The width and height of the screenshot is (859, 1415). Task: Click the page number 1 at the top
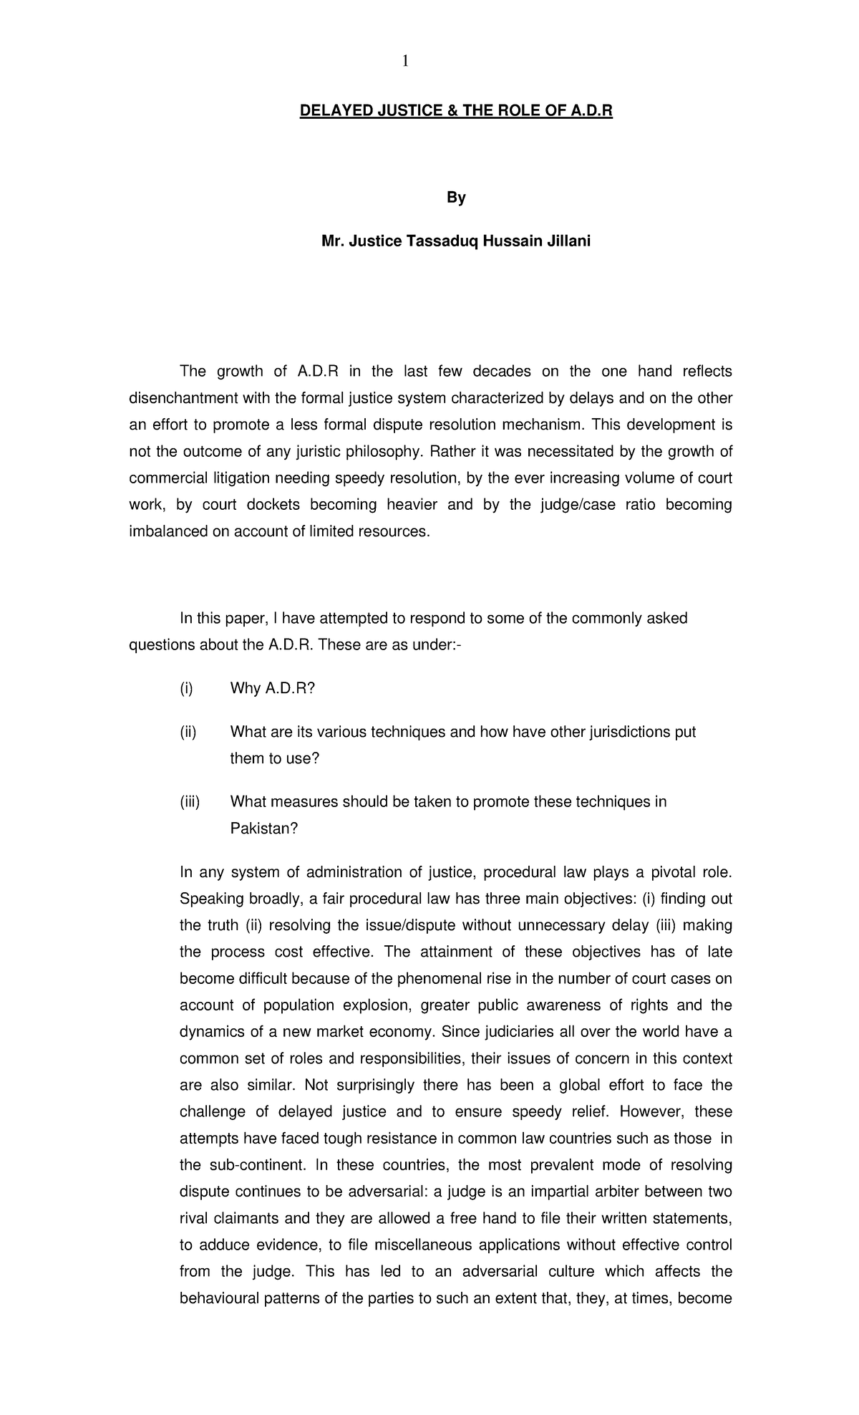405,62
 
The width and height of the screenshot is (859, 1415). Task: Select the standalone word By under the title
456,198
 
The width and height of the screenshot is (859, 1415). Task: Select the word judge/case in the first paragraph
579,505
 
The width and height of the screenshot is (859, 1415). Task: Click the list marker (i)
186,689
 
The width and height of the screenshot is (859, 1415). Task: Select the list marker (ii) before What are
188,733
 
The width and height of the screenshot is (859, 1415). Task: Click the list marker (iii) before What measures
190,802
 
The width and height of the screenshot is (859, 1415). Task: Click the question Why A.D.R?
273,689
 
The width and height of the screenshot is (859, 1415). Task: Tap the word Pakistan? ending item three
263,829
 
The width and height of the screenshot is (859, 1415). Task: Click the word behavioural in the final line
220,1298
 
